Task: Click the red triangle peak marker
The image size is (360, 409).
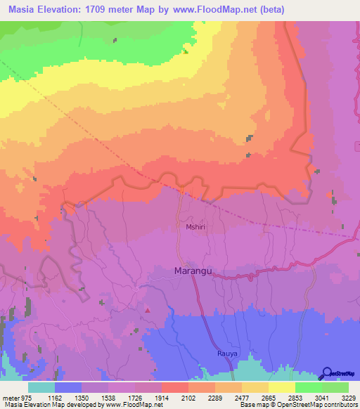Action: tap(148, 309)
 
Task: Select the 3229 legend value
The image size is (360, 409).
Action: tap(348, 397)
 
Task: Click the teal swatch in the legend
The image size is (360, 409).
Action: tap(41, 387)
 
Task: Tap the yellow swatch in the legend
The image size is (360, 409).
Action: tap(281, 387)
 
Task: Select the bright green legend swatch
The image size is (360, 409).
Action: tap(308, 387)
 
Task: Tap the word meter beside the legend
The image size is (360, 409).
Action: tap(11, 397)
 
